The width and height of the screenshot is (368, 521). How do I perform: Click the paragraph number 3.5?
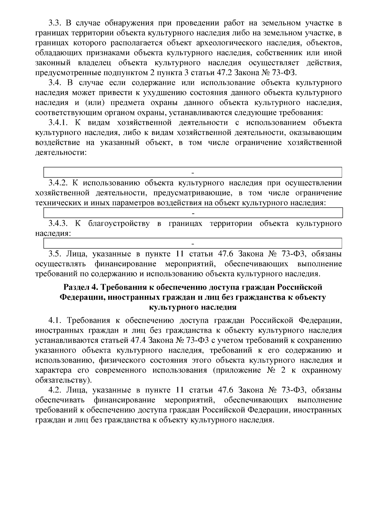click(x=55, y=254)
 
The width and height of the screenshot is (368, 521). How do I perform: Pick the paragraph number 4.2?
click(x=55, y=390)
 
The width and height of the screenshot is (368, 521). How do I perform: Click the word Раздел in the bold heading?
click(x=77, y=288)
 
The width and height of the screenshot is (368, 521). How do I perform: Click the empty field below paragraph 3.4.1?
click(x=193, y=172)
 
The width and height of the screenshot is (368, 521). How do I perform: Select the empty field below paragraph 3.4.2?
click(x=193, y=213)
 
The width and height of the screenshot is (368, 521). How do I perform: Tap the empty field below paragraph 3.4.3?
click(x=193, y=243)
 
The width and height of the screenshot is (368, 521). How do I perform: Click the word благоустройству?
click(x=119, y=223)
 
